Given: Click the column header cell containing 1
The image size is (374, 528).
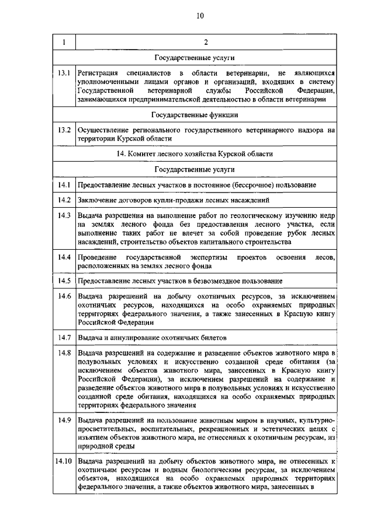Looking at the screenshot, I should (64, 42).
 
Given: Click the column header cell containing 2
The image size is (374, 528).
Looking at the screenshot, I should (205, 42).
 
